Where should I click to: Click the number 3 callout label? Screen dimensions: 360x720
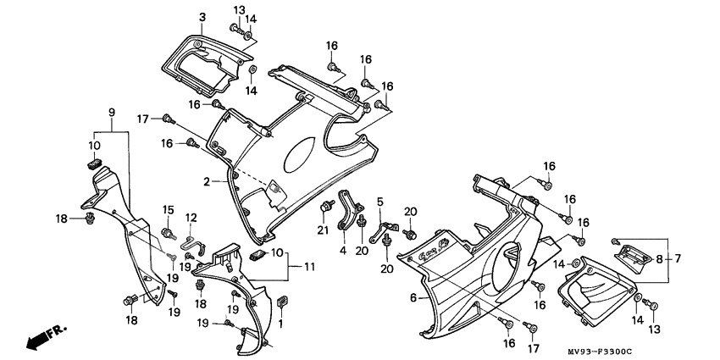202,17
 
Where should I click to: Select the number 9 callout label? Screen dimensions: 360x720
111,113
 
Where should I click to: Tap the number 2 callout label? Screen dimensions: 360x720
205,181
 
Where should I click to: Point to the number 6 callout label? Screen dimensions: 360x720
413,297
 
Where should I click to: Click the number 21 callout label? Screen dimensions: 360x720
323,230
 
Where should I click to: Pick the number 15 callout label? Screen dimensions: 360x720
167,209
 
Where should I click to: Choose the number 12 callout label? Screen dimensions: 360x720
191,218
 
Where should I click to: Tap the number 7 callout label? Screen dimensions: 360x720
678,258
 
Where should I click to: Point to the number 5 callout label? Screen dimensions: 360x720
380,201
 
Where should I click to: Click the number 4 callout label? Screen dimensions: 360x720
343,250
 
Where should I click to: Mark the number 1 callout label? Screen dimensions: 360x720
280,323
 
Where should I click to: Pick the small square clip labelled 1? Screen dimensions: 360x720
281,301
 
